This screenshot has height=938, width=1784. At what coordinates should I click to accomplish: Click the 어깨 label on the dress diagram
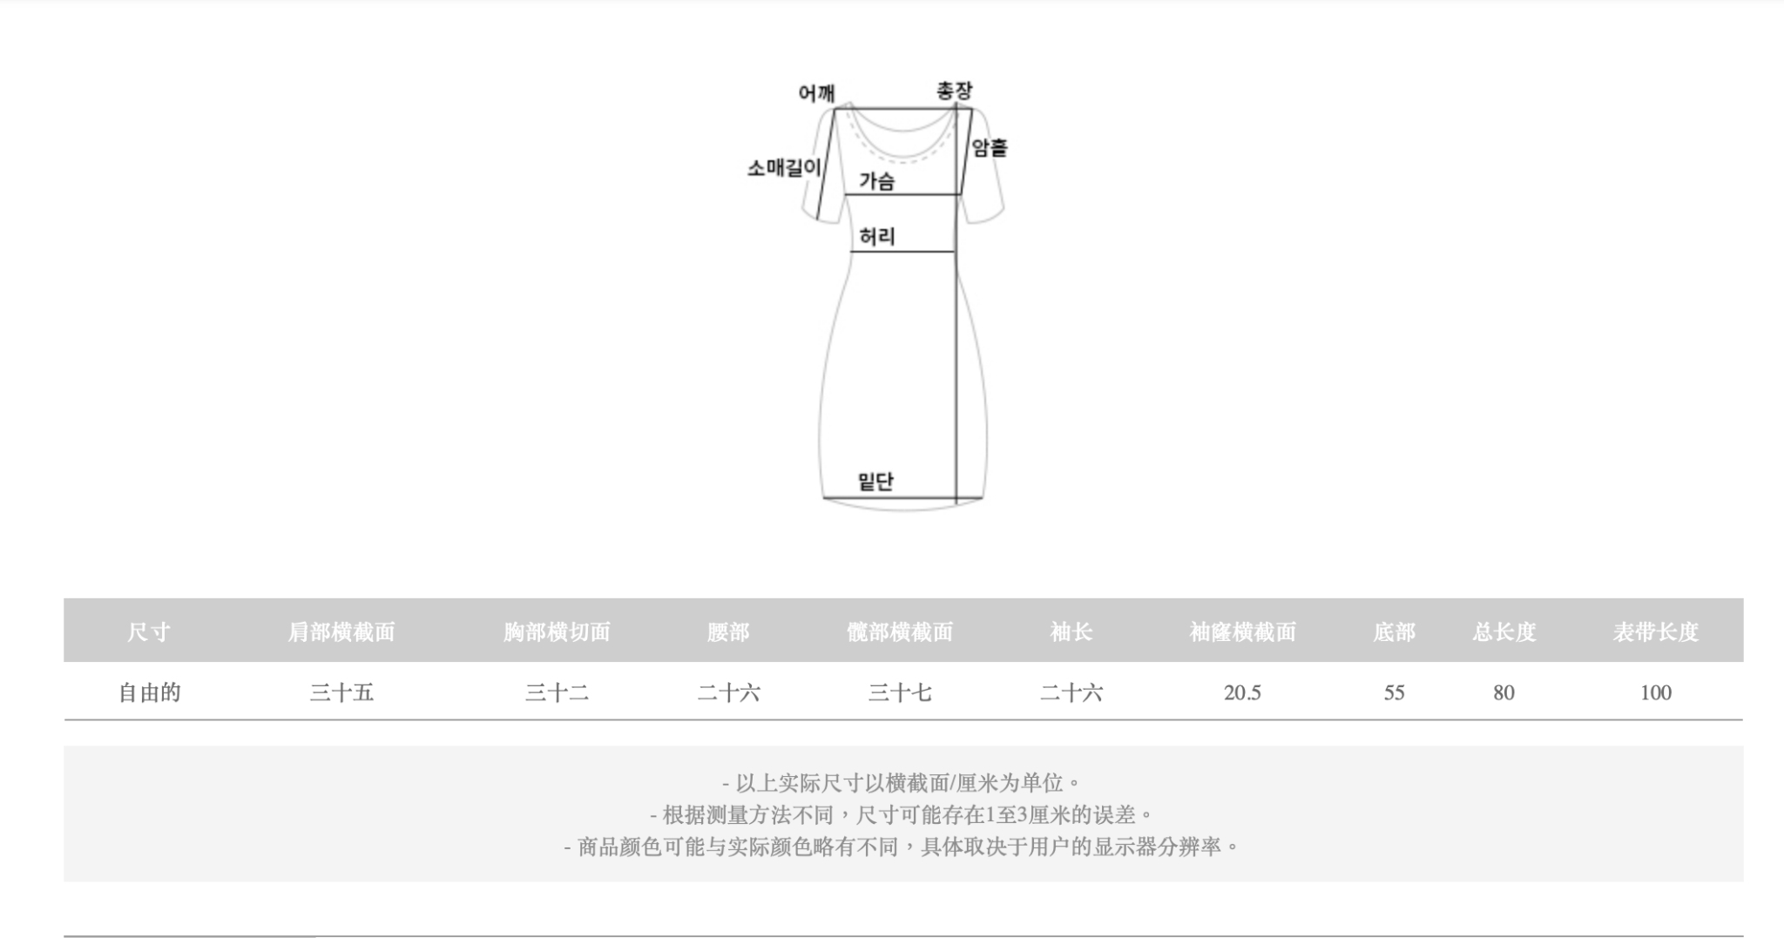click(816, 93)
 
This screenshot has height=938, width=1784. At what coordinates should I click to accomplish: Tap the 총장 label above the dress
click(954, 91)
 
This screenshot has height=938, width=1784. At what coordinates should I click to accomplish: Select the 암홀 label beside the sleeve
click(990, 148)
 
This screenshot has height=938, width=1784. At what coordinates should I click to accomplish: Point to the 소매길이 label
click(783, 167)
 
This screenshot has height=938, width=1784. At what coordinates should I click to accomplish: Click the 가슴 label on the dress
click(876, 181)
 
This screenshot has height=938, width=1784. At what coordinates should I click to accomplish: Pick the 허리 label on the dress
click(876, 236)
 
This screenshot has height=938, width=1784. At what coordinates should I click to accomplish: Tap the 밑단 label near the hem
click(875, 482)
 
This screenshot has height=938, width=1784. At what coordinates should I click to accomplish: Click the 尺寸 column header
click(149, 631)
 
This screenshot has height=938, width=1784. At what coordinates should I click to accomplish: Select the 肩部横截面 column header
click(341, 631)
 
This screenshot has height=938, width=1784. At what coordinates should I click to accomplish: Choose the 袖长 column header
click(1071, 631)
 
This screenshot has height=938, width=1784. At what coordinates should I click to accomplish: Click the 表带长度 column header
click(1655, 631)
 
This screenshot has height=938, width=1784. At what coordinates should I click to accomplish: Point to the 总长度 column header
click(1504, 631)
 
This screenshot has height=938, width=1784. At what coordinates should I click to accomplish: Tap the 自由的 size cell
click(149, 692)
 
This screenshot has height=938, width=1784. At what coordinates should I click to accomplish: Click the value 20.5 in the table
click(1242, 692)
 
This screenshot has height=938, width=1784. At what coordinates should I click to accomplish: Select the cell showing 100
click(1655, 692)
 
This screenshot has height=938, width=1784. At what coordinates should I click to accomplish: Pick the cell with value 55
click(1394, 692)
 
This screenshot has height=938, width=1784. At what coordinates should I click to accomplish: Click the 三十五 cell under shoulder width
click(341, 692)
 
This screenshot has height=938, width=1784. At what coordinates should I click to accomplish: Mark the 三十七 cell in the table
click(900, 692)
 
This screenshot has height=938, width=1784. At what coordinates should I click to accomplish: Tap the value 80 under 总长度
click(1504, 692)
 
